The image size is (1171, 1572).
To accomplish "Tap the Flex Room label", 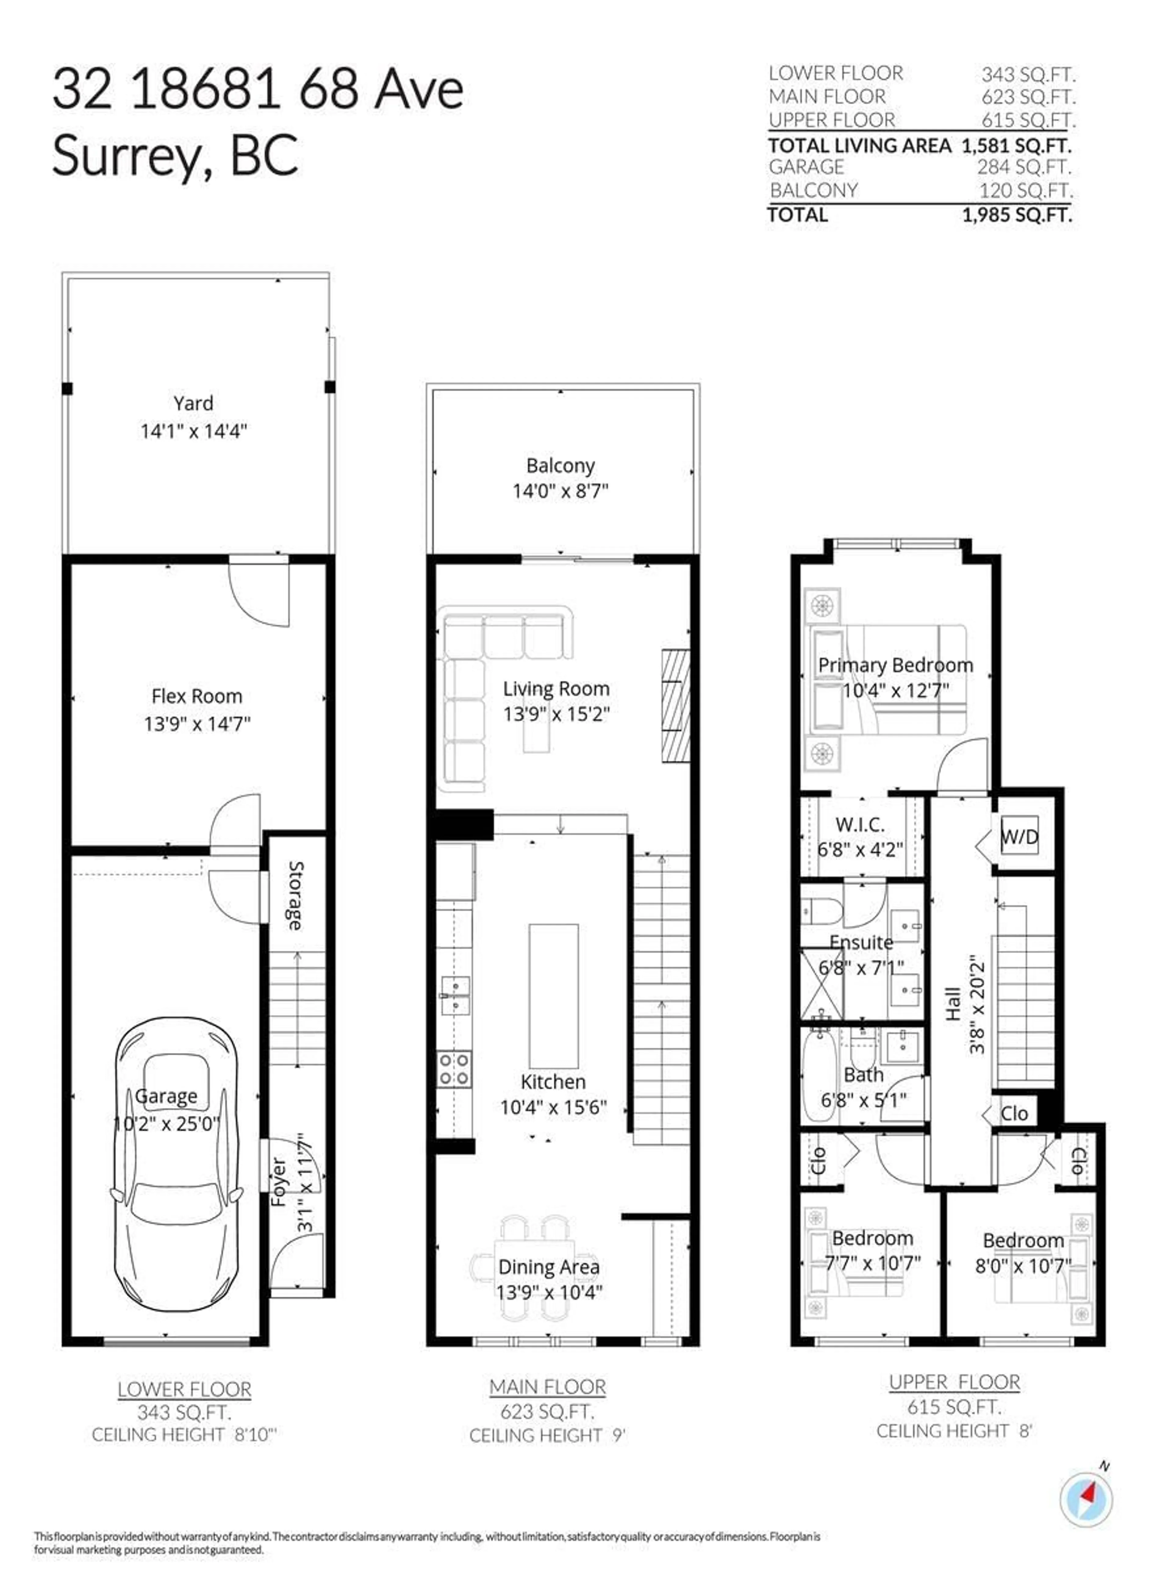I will click(196, 696).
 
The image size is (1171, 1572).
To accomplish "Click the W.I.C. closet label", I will click(860, 825).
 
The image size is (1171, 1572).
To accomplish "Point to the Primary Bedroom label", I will click(895, 665).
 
